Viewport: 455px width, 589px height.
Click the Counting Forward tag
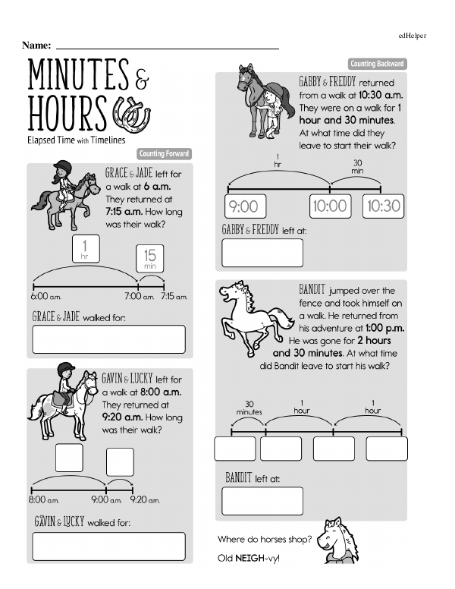point(164,153)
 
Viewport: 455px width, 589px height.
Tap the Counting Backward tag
point(378,64)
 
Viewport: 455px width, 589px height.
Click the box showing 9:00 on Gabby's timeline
point(245,206)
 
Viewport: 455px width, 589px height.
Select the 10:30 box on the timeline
point(383,206)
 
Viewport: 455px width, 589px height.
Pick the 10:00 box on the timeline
point(331,206)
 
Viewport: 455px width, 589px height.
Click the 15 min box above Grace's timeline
point(150,258)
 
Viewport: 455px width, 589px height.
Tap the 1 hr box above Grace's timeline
point(86,249)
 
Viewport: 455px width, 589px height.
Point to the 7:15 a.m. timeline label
point(174,296)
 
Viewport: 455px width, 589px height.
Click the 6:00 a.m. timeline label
point(45,296)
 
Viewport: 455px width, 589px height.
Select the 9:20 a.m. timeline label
point(145,500)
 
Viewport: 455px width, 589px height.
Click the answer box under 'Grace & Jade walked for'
point(109,339)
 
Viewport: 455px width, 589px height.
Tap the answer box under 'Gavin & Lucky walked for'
point(109,546)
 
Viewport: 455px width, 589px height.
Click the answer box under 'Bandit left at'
point(262,501)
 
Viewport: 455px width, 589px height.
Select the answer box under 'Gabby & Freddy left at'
point(262,253)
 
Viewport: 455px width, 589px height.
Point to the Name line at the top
point(168,49)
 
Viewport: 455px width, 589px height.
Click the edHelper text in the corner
point(413,36)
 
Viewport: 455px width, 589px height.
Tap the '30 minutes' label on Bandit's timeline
point(249,408)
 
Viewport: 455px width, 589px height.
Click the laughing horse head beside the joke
point(337,540)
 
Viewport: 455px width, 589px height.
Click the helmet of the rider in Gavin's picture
point(66,368)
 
